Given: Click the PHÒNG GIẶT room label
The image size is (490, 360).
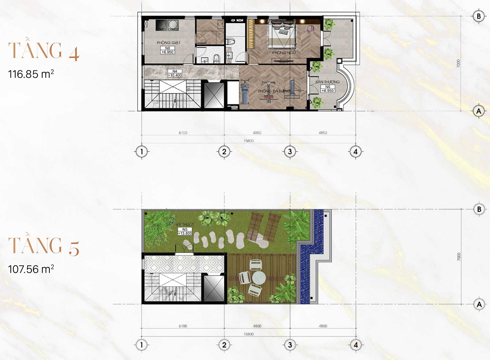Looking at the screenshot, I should tap(168, 43).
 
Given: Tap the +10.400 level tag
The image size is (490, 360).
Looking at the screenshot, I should tap(175, 75).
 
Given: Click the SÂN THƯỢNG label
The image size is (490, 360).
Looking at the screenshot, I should tap(328, 82).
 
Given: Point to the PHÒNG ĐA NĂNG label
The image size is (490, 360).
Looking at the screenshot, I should tap(274, 91).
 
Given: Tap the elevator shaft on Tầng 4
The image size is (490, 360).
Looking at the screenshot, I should tap(214, 95).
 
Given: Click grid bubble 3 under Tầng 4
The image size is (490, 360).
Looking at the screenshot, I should tap(290, 151).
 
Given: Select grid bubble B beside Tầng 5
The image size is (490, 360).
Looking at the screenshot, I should tap(479, 209).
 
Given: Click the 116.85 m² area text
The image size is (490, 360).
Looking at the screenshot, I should tap(31, 74).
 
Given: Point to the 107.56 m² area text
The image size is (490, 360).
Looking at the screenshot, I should tap(31, 269).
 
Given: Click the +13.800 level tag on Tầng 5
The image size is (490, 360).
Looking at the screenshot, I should tap(185, 233).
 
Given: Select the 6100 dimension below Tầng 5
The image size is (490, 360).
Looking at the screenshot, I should tap(183, 326).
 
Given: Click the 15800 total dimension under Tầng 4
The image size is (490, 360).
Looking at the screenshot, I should tap(248, 141).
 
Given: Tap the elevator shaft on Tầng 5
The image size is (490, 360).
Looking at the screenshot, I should tap(214, 288).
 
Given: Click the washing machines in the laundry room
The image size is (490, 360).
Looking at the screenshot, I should tap(167, 25).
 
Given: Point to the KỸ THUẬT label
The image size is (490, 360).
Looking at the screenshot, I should tap(185, 225).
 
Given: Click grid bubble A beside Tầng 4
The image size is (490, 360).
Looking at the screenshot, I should tap(479, 111).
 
